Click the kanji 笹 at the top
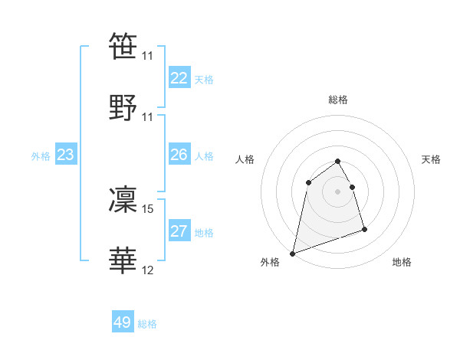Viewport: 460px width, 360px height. pyautogui.click(x=123, y=46)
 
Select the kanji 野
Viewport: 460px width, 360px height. pyautogui.click(x=123, y=106)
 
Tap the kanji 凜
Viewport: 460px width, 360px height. pyautogui.click(x=123, y=200)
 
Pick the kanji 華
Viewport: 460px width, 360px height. pyautogui.click(x=123, y=260)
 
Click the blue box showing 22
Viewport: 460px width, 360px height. pyautogui.click(x=179, y=78)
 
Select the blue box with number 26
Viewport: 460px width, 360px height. pyautogui.click(x=179, y=155)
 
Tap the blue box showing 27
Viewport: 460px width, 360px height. pyautogui.click(x=179, y=231)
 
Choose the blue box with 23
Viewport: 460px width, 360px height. pyautogui.click(x=66, y=155)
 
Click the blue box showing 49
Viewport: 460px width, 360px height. pyautogui.click(x=123, y=322)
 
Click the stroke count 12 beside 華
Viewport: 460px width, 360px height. pyautogui.click(x=148, y=270)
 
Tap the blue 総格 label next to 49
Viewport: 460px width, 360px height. pyautogui.click(x=147, y=324)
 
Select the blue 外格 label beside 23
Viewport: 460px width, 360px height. pyautogui.click(x=41, y=156)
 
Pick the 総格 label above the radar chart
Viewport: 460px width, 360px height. pyautogui.click(x=338, y=100)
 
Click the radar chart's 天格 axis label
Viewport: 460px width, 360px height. pyautogui.click(x=432, y=159)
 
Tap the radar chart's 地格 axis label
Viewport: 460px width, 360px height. pyautogui.click(x=402, y=262)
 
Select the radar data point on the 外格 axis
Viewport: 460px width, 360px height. pyautogui.click(x=292, y=253)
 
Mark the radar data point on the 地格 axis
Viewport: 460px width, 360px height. pyautogui.click(x=364, y=229)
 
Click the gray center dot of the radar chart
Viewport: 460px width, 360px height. pyautogui.click(x=338, y=191)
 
